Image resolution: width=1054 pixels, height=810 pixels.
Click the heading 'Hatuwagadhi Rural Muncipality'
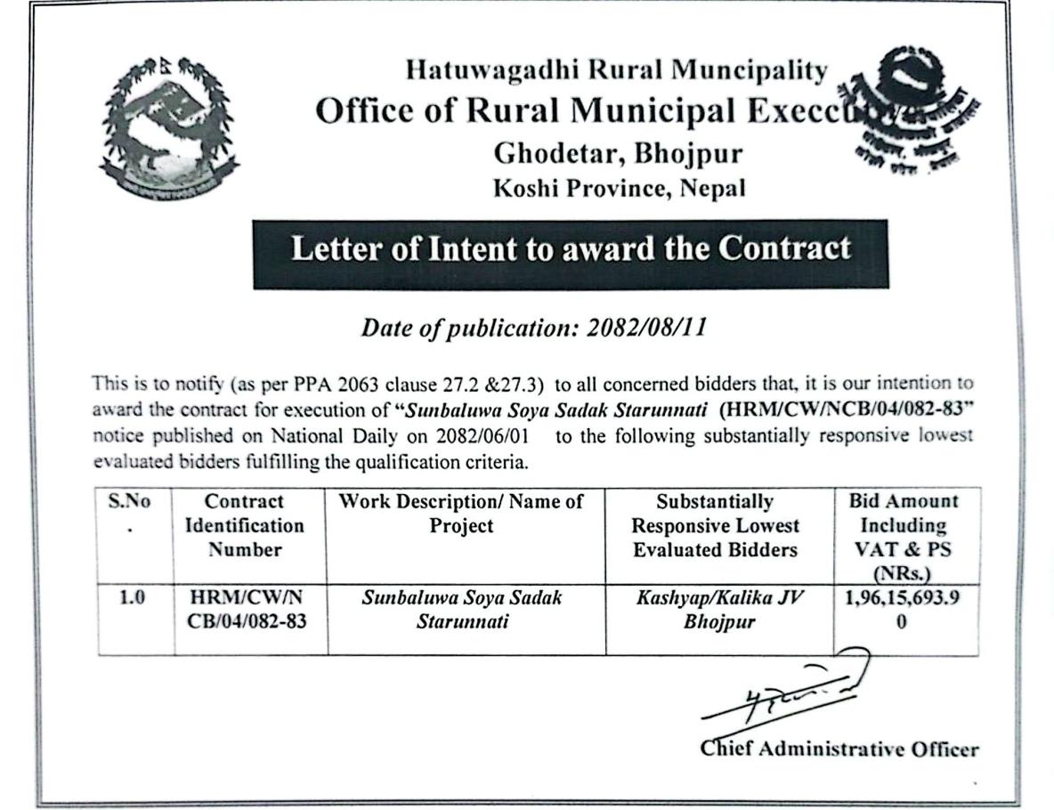(616, 70)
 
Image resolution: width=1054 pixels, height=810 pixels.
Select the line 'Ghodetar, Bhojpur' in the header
(617, 153)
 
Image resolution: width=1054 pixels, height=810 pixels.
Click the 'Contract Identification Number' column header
(244, 525)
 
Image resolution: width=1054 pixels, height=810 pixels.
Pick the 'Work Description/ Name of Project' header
(461, 514)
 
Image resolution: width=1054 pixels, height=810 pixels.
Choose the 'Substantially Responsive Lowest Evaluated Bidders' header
(715, 525)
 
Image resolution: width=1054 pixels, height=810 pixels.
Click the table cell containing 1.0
(133, 598)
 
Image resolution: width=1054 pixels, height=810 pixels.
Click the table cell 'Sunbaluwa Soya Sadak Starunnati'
(461, 609)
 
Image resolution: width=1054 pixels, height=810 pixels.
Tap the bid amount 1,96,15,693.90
(904, 609)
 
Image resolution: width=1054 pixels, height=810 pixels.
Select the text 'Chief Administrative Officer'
(838, 748)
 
